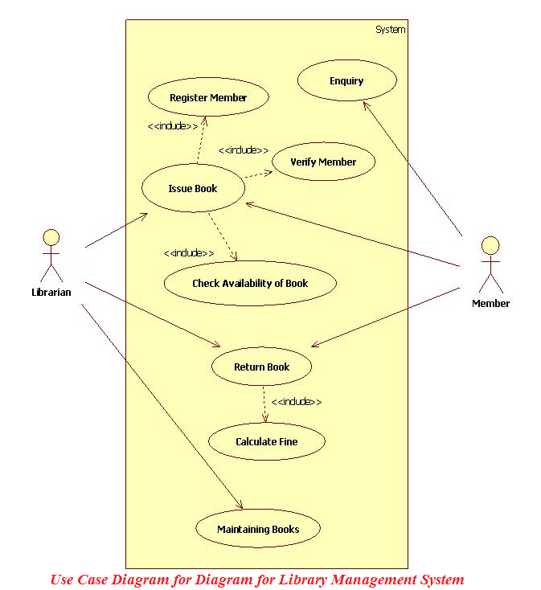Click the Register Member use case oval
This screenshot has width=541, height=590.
tap(208, 97)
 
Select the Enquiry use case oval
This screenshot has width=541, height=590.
tap(346, 80)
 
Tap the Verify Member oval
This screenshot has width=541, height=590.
tap(323, 162)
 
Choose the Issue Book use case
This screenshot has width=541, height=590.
tap(193, 188)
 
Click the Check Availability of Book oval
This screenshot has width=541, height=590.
tap(250, 283)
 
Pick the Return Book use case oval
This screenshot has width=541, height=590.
tap(261, 367)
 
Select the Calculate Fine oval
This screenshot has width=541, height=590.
tap(266, 441)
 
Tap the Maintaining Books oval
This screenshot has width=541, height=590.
tap(258, 529)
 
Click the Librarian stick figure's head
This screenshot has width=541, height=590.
tap(51, 237)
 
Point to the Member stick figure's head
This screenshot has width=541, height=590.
tap(490, 245)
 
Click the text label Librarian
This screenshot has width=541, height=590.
tap(51, 292)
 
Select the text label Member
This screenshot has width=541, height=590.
tap(490, 303)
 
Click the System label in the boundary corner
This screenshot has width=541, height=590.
tap(390, 30)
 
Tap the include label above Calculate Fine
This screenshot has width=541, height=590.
tap(296, 401)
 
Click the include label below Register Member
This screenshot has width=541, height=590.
tap(172, 125)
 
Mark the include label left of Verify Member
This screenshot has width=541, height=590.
tap(243, 150)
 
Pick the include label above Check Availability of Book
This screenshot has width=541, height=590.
tap(189, 252)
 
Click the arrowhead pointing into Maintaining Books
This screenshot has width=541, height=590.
tap(240, 506)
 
